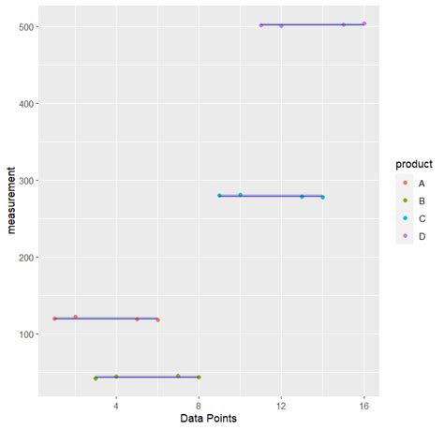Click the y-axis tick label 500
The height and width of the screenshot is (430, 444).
25,26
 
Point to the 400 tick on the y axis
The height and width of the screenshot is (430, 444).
25,103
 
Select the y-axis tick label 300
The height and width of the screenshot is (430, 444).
25,180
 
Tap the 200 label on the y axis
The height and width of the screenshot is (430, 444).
25,257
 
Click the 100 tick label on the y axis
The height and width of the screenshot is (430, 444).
25,334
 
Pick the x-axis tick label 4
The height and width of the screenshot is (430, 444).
116,405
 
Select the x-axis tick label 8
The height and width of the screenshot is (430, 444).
199,405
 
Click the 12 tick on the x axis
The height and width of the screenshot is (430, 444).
281,405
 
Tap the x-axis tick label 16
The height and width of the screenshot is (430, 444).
363,405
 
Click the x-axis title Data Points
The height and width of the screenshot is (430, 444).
209,419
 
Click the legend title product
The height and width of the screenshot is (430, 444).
411,165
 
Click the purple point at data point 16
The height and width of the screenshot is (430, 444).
363,23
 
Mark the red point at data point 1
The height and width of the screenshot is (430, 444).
54,319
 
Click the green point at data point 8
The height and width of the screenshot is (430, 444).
199,378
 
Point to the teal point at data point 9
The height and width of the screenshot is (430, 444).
219,196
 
